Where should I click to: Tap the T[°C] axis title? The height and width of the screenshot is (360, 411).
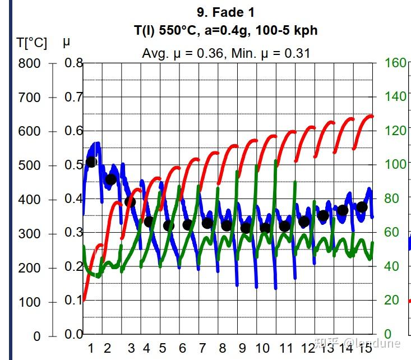32,43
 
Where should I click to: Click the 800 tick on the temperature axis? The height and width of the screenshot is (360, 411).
29,63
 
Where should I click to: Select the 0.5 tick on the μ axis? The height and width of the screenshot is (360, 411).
73,165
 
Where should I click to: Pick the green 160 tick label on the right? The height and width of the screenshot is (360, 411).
395,63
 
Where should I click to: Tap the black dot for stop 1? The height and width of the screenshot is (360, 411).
91,162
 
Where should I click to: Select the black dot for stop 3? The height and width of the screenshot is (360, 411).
130,202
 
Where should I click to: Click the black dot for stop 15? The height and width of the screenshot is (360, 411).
362,207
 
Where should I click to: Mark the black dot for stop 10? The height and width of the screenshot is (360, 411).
265,228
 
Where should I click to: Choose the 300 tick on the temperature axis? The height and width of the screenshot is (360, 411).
29,234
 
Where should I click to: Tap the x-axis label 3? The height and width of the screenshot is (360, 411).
131,348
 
